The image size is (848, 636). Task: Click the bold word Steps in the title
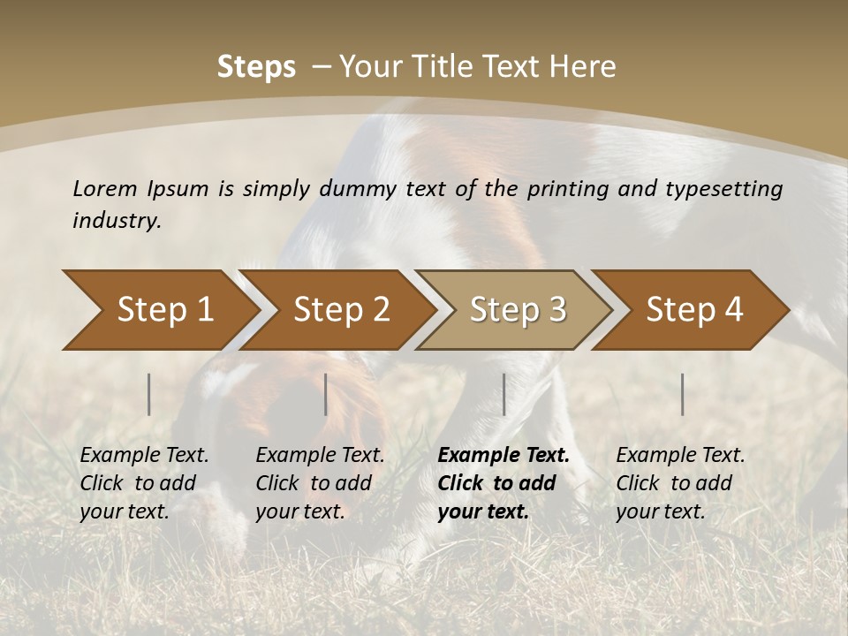click(x=256, y=67)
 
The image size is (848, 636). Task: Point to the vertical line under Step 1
click(x=149, y=394)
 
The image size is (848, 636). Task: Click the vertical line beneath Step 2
click(x=326, y=394)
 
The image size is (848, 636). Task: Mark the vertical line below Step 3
click(x=503, y=394)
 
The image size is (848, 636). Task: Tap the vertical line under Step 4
click(x=682, y=394)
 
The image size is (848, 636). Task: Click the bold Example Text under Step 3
click(x=503, y=456)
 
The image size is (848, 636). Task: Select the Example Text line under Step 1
click(x=144, y=456)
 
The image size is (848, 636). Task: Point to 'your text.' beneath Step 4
click(x=660, y=511)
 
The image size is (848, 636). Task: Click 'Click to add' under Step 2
click(x=314, y=483)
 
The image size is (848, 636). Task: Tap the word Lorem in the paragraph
click(x=105, y=189)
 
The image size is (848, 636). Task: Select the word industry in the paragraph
click(x=116, y=221)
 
